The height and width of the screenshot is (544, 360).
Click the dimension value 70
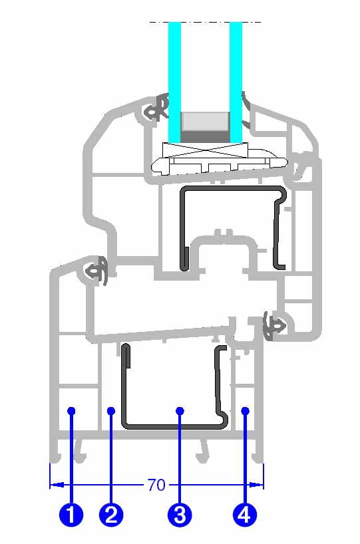pos(156,485)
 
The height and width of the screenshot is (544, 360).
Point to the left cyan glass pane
pos(174,82)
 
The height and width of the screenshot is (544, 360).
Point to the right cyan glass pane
pos(236,82)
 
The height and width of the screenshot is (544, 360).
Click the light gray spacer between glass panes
pos(205,122)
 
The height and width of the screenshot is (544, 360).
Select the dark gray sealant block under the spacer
pos(205,137)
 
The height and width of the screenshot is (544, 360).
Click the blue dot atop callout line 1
pos(71,411)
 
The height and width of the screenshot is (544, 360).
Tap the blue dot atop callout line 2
pos(111,411)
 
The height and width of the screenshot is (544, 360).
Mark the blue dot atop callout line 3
pos(180,411)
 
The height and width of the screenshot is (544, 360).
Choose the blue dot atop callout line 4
pos(245,411)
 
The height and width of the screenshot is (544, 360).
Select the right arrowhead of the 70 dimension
pos(257,484)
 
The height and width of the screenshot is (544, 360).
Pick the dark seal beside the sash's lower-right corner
pos(274,325)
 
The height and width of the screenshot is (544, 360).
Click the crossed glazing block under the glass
pos(206,150)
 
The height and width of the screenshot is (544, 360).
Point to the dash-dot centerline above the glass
pos(205,22)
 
